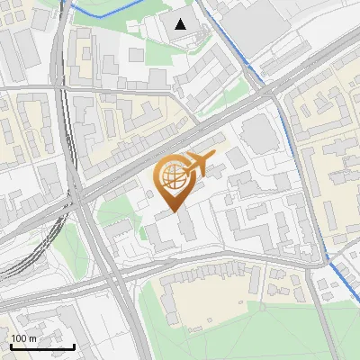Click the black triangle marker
click(182, 24)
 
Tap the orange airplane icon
click(199, 165)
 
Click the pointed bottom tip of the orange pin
click(174, 212)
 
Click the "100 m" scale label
click(23, 338)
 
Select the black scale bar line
click(42, 346)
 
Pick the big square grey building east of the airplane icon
click(261, 134)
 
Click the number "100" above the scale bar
click(19, 338)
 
